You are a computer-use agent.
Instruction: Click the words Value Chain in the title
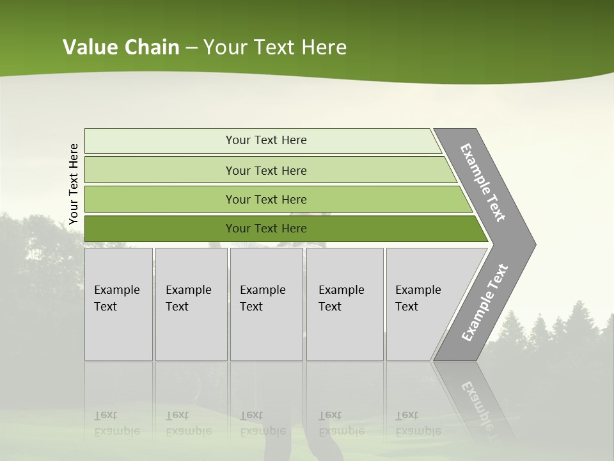tap(121, 47)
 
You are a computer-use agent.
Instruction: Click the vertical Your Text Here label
tap(74, 184)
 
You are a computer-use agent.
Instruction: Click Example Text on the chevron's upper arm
tap(483, 182)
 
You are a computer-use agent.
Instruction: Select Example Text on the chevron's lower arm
tap(485, 302)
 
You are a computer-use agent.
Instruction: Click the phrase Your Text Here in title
tap(275, 47)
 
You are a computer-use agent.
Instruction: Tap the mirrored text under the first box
tap(116, 423)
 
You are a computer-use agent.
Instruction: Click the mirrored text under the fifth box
tap(418, 423)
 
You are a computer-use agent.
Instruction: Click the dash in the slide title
tap(191, 48)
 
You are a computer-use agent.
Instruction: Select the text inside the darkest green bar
tap(266, 229)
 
